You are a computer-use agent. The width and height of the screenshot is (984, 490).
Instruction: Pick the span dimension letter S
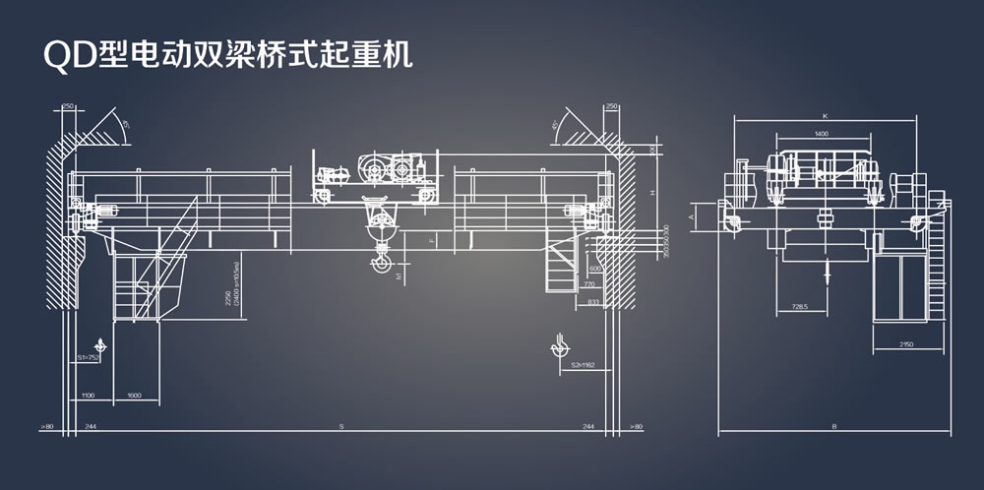[x=341, y=426]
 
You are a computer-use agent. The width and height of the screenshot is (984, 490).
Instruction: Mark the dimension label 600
[x=594, y=268]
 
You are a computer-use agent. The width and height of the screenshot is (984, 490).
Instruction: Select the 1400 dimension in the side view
[x=820, y=133]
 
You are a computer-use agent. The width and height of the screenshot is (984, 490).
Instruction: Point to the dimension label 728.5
[x=798, y=307]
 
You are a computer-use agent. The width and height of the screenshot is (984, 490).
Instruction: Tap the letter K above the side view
[x=825, y=116]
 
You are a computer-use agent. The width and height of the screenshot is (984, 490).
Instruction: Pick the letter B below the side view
[x=833, y=427]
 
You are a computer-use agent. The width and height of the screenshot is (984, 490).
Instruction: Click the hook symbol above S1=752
[x=100, y=343]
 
